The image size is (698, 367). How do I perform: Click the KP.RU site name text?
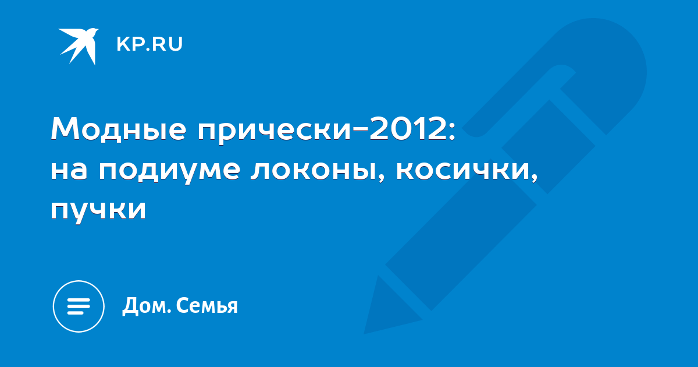click(149, 44)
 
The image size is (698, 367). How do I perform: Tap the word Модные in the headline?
click(119, 129)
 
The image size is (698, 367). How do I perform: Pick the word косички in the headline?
click(463, 171)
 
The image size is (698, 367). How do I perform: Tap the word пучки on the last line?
click(98, 211)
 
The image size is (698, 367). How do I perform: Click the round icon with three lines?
click(79, 306)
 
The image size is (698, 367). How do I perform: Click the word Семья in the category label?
click(207, 306)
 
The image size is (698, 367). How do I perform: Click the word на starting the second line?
click(69, 171)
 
